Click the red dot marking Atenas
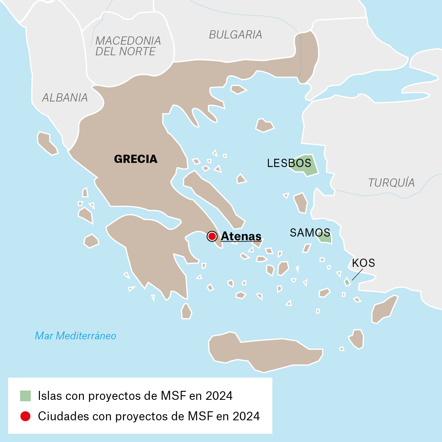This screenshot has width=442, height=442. click(212, 236)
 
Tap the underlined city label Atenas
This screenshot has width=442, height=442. click(241, 237)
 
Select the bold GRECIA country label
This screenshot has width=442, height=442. click(135, 159)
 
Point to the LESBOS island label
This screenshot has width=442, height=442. click(289, 163)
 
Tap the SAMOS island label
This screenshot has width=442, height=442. click(310, 233)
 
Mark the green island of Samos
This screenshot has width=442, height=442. click(326, 238)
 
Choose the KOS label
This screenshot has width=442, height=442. click(363, 263)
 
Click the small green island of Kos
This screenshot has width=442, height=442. click(347, 282)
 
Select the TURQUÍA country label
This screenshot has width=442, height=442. click(391, 183)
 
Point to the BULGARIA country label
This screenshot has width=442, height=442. click(235, 35)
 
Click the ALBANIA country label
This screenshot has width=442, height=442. click(65, 97)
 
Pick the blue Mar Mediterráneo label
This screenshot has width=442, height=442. click(76, 336)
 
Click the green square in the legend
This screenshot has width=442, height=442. click(25, 396)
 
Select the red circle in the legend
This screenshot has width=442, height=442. click(25, 416)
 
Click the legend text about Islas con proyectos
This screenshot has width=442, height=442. click(135, 396)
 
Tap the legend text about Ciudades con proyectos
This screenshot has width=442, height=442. click(149, 416)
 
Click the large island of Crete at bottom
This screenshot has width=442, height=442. click(262, 352)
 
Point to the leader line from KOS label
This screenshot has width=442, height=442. click(356, 275)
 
